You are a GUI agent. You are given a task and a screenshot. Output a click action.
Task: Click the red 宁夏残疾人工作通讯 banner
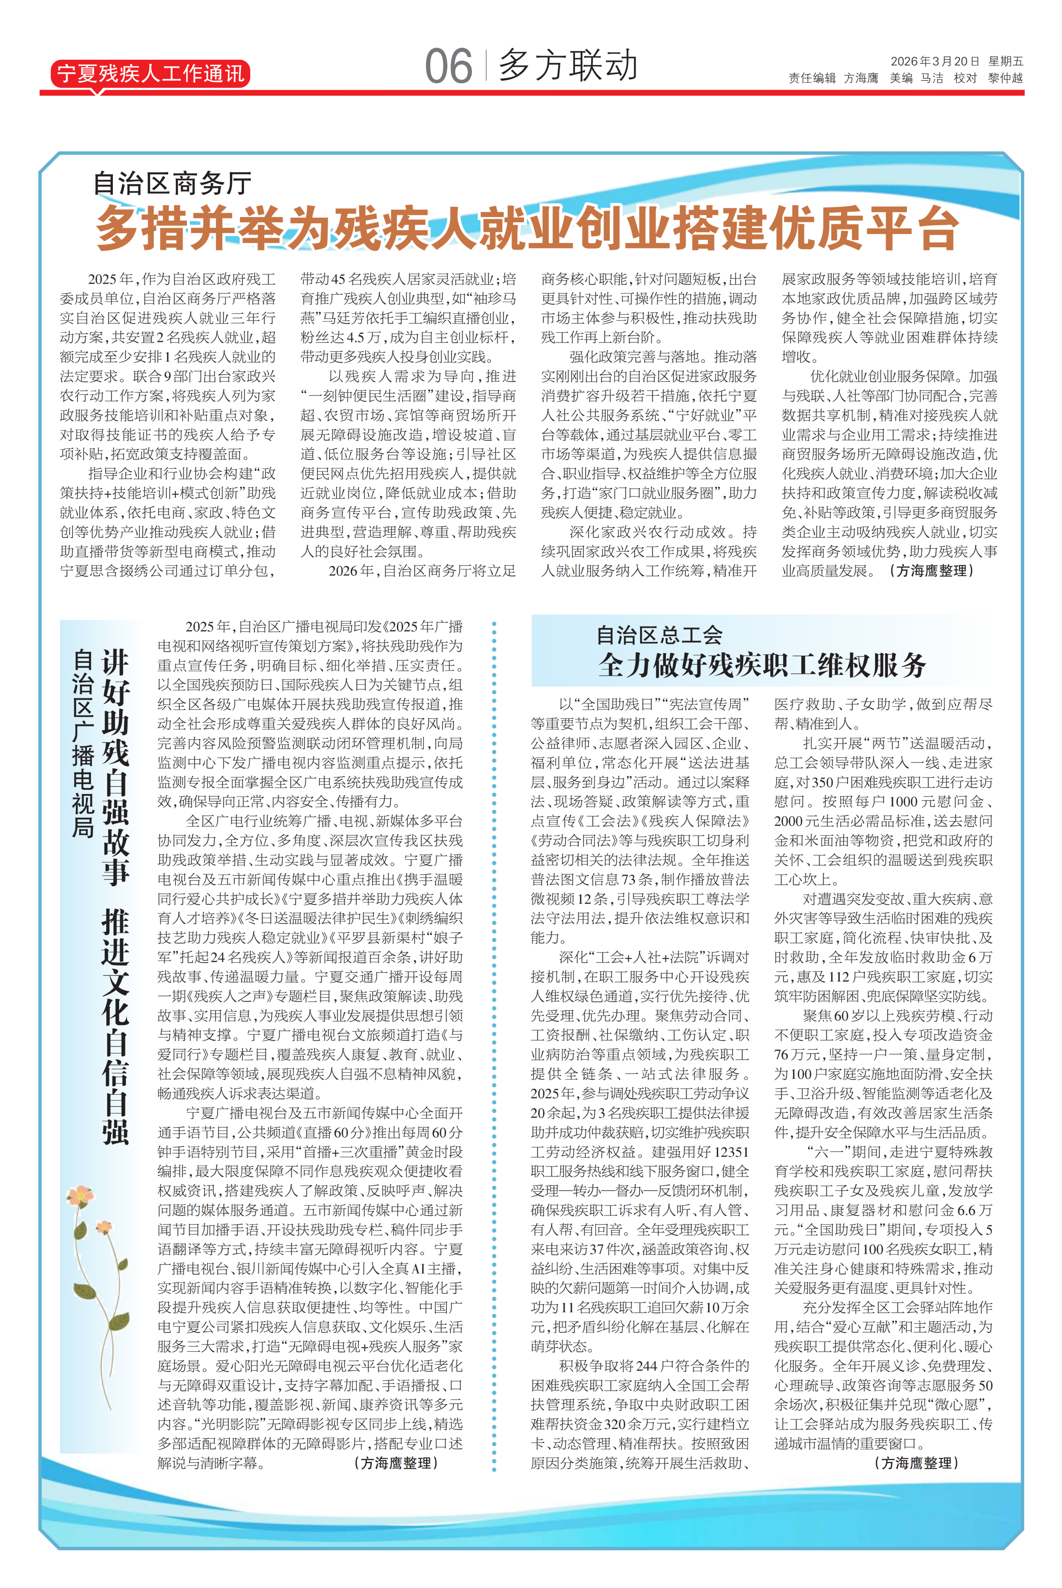point(150,73)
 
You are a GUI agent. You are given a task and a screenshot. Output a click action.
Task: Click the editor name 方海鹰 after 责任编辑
point(861,78)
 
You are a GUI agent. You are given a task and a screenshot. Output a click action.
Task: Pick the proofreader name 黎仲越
point(1005,78)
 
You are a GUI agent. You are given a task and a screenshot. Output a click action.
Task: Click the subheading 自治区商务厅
point(172,183)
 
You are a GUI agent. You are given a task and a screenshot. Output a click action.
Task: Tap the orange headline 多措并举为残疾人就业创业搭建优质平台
point(527,228)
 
